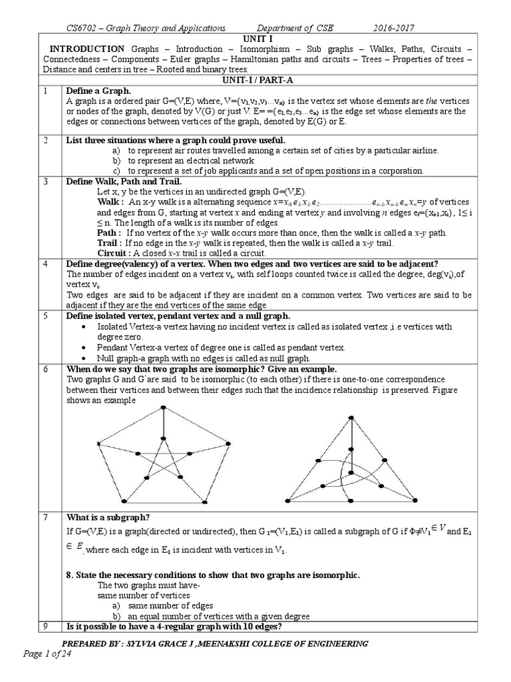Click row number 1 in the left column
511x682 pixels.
[x=45, y=90]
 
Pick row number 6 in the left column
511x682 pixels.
[x=45, y=369]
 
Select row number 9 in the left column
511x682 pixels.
[x=45, y=627]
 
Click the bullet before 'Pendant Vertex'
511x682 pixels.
[x=82, y=348]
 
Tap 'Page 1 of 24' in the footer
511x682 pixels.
[x=47, y=654]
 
